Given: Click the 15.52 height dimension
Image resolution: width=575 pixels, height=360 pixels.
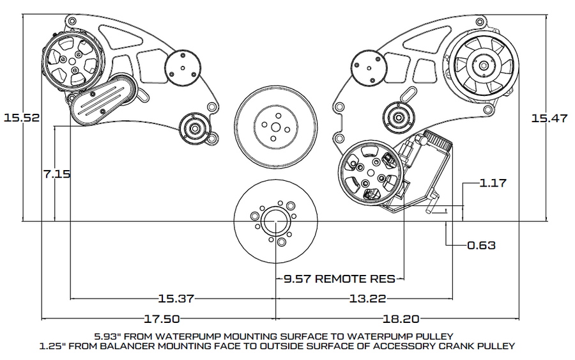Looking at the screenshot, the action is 22,118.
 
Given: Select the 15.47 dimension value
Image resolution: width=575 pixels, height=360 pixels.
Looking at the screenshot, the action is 549,118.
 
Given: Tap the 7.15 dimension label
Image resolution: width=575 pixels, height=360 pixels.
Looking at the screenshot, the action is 57,173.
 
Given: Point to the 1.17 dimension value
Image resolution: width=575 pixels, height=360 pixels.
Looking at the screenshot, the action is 493,183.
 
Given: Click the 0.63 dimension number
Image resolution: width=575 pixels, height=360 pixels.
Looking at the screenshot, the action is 481,245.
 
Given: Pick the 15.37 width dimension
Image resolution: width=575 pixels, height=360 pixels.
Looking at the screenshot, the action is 176,299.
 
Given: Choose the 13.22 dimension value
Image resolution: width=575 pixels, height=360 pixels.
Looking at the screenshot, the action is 367,299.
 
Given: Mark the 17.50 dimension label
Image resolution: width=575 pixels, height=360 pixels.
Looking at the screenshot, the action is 162,318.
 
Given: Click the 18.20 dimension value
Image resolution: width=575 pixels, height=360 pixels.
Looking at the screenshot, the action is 401,318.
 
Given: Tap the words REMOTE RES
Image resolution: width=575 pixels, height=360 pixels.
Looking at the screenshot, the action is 355,279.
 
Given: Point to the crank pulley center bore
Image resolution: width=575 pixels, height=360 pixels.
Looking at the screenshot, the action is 275,222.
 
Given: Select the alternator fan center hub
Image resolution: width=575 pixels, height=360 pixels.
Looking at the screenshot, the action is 484,66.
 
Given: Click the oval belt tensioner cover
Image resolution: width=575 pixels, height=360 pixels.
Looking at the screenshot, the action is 103,100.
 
